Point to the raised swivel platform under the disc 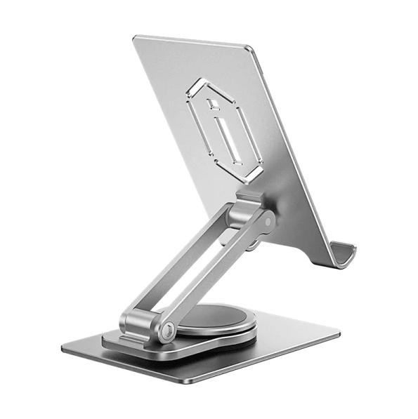pos(211,343)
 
